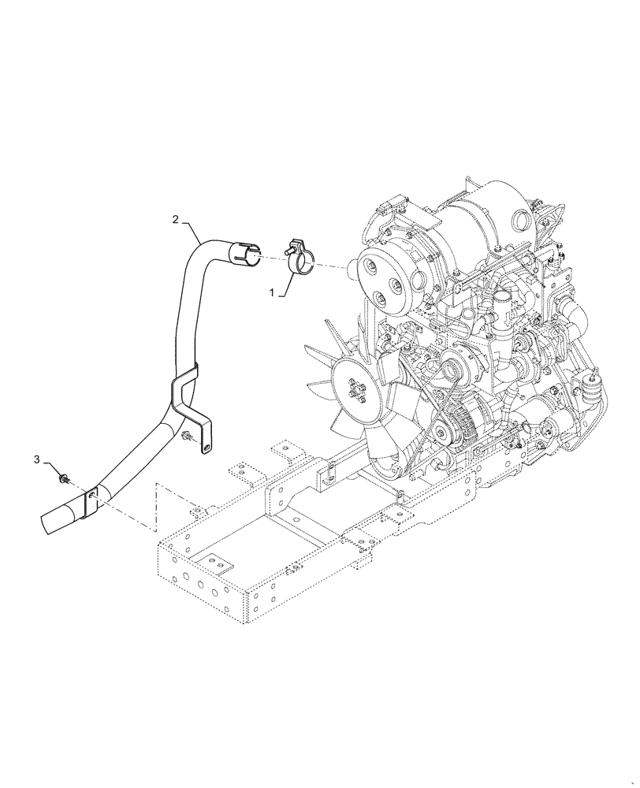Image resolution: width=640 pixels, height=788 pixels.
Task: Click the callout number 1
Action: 273,292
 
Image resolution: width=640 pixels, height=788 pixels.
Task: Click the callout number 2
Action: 176,219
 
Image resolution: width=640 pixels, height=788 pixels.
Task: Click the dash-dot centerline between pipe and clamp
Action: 272,257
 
